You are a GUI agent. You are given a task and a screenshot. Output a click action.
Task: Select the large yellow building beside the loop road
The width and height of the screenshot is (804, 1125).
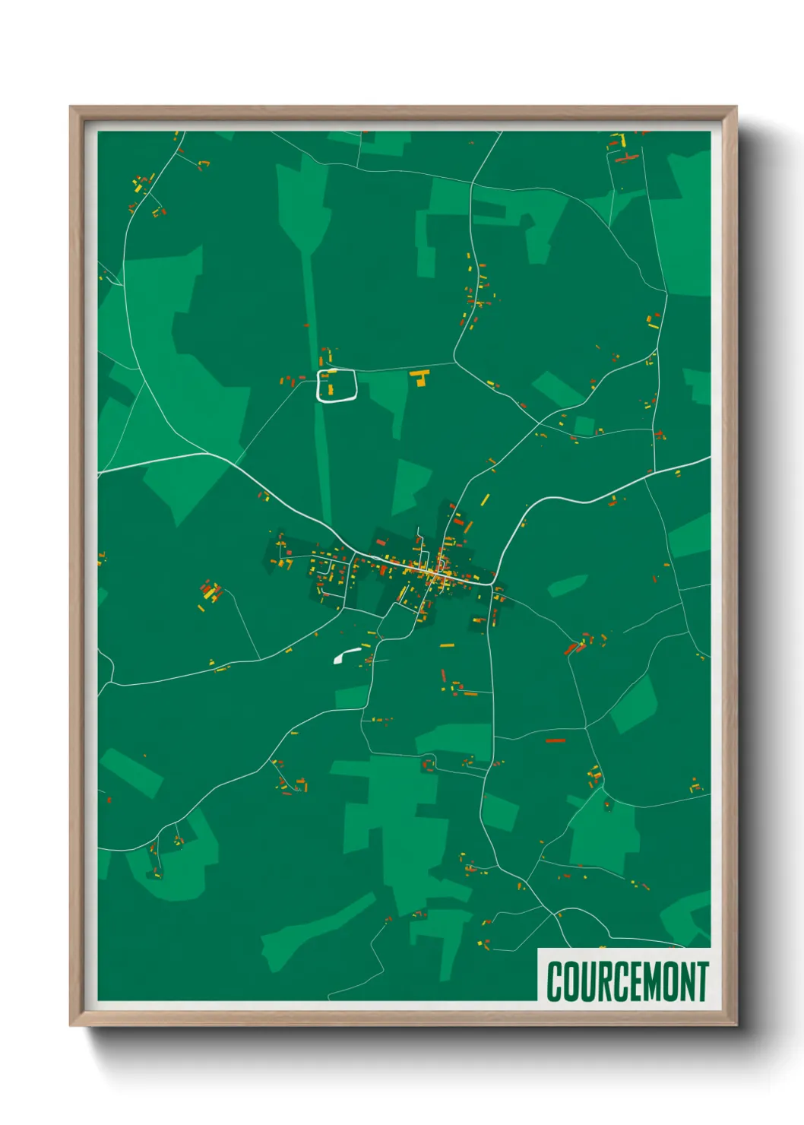click(419, 377)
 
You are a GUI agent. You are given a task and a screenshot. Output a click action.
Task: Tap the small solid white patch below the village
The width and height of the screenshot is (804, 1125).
click(346, 654)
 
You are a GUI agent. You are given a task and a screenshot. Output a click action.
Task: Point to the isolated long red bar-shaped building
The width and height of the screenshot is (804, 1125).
click(556, 740)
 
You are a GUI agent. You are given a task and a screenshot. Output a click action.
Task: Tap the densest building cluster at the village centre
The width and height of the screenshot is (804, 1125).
click(433, 572)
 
